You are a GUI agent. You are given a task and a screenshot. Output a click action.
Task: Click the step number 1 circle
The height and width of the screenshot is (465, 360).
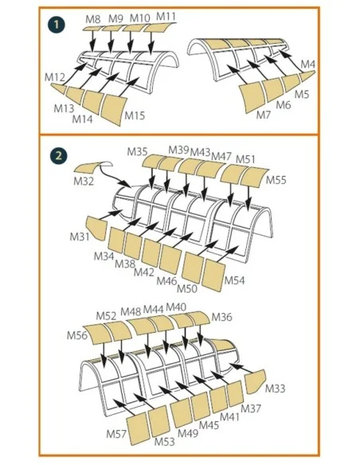57,25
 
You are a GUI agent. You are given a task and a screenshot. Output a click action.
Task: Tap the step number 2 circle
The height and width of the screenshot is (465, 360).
59,156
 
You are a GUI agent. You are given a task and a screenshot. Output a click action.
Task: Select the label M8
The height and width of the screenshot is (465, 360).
93,19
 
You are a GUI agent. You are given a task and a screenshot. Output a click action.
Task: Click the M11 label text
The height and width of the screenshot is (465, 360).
166,16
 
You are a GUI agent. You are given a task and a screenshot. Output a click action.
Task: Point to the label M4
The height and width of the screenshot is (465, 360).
307,64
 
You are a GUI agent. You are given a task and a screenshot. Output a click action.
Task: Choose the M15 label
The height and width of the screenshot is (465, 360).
135,115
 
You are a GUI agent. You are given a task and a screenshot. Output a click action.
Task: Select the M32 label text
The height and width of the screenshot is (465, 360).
84,181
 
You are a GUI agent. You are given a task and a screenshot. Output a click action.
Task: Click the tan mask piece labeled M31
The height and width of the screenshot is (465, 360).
96,227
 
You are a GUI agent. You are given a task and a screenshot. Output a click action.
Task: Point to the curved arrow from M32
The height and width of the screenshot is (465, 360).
114,177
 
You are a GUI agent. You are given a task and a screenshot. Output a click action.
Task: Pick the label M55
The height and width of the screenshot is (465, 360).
276,180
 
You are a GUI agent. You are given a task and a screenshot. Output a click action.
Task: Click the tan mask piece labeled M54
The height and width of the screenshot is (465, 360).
213,275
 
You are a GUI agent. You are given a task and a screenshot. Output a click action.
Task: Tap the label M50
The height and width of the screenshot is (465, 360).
187,288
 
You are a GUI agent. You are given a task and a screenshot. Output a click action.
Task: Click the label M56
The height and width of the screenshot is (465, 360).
77,335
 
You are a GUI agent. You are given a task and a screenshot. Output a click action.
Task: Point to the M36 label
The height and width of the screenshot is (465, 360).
221,318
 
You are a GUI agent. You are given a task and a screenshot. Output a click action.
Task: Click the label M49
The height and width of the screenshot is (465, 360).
188,433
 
